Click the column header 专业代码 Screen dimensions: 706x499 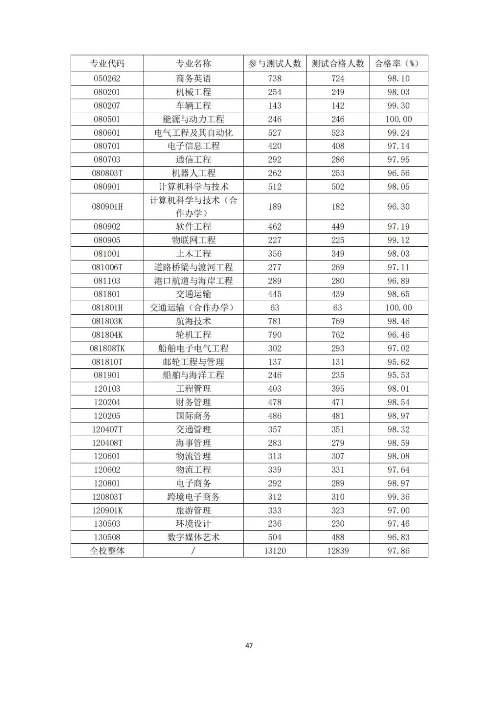pos(107,63)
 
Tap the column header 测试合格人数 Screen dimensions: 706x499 pos(338,63)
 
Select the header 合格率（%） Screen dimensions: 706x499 pos(398,63)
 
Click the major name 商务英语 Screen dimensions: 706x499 pos(193,79)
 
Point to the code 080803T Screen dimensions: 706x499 pos(107,173)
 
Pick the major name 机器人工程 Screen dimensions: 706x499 pos(193,173)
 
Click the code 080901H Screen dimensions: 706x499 pos(107,207)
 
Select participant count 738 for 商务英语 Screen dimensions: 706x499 pos(274,79)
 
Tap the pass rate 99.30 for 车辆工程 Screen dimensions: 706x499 pos(398,105)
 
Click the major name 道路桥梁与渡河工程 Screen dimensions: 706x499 pos(193,267)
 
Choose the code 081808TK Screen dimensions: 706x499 pos(107,348)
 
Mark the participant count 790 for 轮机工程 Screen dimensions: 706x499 pos(274,335)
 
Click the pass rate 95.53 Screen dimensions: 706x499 pos(398,375)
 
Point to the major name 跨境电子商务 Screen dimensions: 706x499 pos(193,497)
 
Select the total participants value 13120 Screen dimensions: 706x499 pos(274,551)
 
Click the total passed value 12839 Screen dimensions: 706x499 pos(338,551)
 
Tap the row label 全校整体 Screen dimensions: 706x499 pos(107,551)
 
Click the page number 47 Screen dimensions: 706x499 pos(249,645)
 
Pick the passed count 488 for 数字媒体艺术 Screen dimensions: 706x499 pos(338,537)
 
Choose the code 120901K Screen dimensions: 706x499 pos(107,511)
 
